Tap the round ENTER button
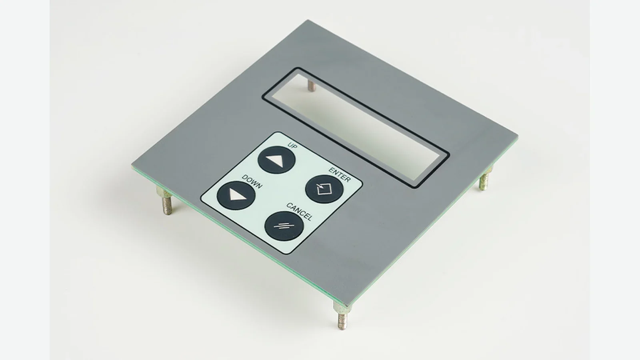(x=324, y=189)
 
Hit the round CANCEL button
(x=284, y=226)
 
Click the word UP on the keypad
(x=292, y=146)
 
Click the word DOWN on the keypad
(x=252, y=182)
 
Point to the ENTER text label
(x=340, y=175)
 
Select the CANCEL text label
(x=299, y=212)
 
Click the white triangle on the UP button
(x=276, y=161)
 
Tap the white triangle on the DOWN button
(x=236, y=196)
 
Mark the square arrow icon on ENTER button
(x=324, y=188)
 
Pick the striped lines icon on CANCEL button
(x=284, y=226)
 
